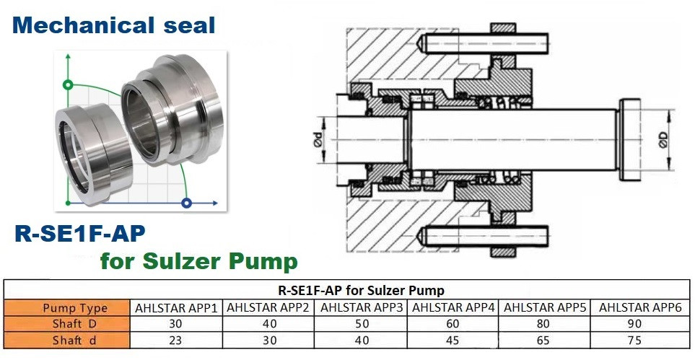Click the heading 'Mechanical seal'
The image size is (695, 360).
[x=113, y=25]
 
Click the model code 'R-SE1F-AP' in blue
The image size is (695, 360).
[x=79, y=233]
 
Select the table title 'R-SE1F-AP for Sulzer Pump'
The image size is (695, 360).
[x=361, y=291]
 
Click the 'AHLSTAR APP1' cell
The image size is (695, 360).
[x=176, y=308]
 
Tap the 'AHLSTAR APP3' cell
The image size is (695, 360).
[x=362, y=308]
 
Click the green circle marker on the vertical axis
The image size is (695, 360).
[x=67, y=84]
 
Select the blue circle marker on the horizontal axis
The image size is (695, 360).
[x=188, y=203]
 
